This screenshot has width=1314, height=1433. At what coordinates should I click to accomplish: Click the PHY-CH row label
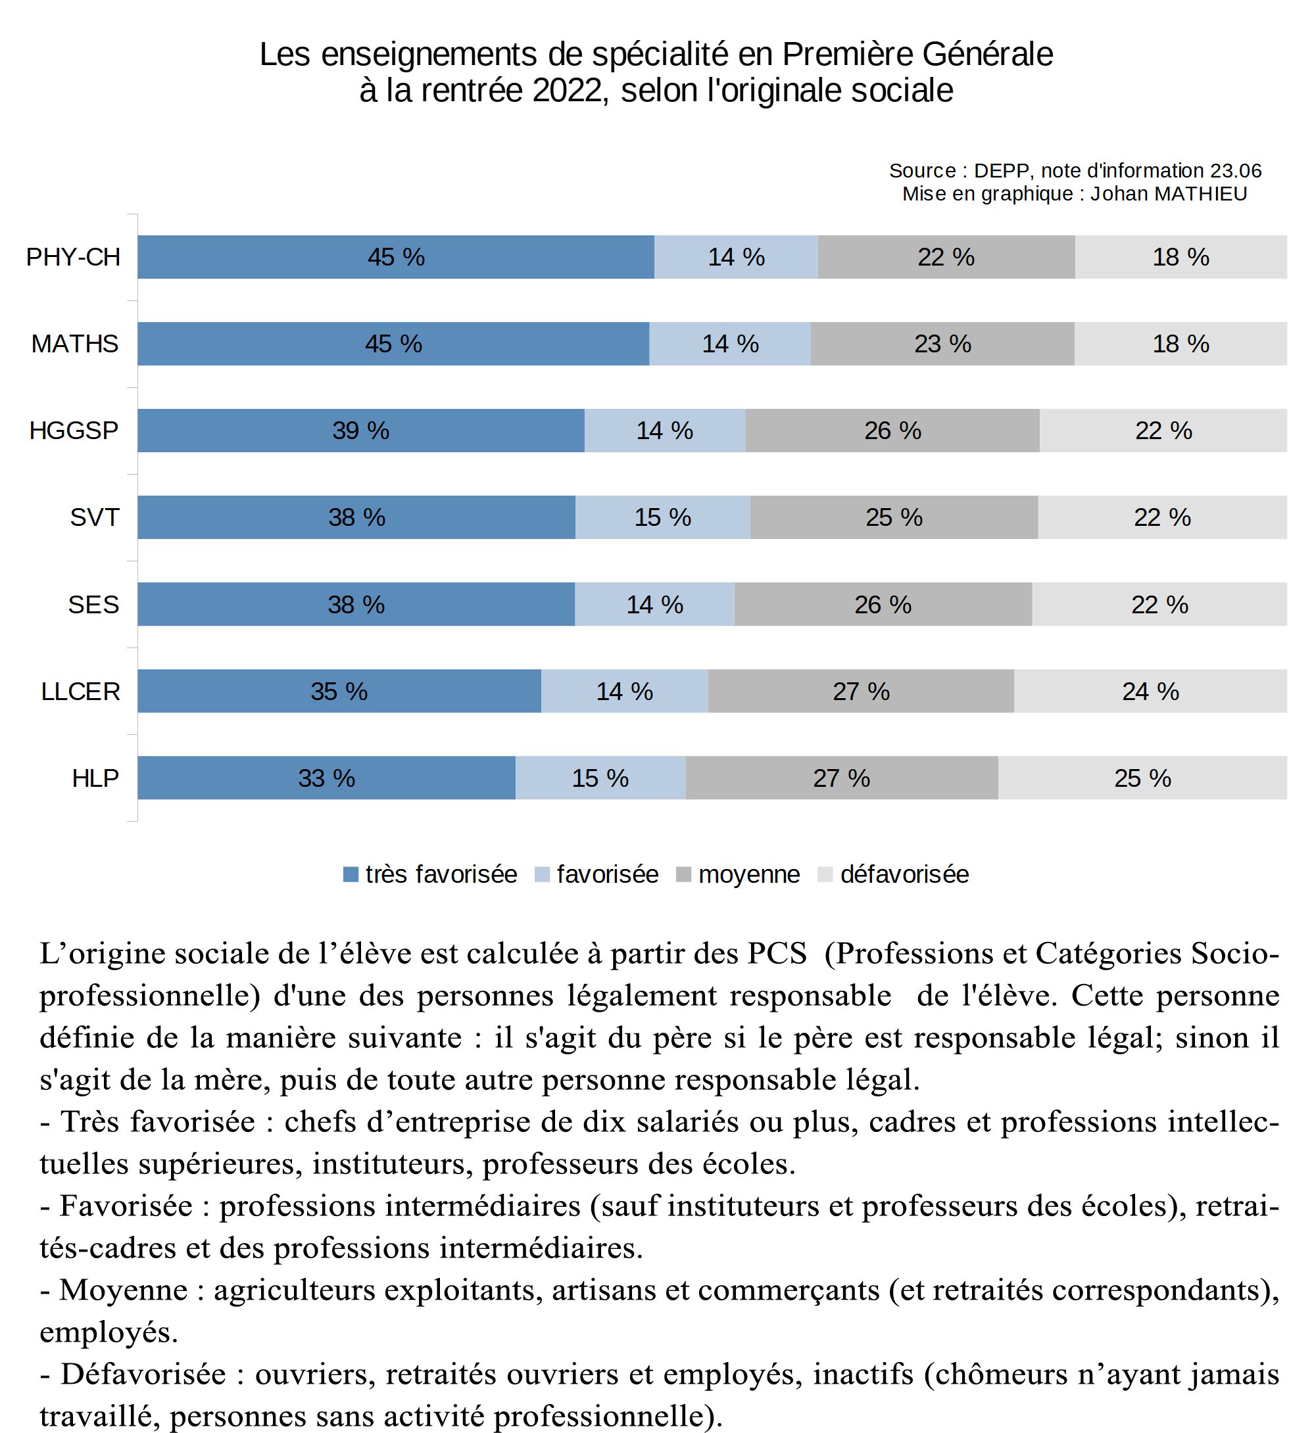click(x=73, y=257)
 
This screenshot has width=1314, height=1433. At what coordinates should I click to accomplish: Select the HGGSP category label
click(x=74, y=431)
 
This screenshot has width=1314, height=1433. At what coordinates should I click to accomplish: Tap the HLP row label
click(x=95, y=778)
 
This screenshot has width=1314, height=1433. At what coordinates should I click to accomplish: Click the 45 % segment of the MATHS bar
click(x=393, y=344)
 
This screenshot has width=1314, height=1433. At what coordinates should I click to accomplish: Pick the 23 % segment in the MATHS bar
click(x=942, y=344)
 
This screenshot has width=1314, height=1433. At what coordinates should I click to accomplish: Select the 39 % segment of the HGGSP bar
click(x=360, y=431)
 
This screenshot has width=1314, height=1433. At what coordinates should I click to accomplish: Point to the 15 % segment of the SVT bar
click(x=662, y=517)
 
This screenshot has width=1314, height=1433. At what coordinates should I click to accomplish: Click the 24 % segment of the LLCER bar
click(x=1150, y=692)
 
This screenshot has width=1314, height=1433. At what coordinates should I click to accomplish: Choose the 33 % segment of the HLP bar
click(x=326, y=778)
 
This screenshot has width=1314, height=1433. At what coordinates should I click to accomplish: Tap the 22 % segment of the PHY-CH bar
click(x=946, y=257)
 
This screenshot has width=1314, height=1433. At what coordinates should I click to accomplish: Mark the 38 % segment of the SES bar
click(x=356, y=605)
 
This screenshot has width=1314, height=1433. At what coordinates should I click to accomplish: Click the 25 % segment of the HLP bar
click(x=1142, y=778)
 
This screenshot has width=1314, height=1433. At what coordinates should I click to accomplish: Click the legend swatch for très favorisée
click(x=351, y=874)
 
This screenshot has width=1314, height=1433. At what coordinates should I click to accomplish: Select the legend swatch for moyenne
click(x=683, y=874)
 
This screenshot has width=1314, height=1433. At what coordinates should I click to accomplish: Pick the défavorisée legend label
click(x=904, y=874)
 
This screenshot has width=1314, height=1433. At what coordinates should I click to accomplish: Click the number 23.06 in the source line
click(x=1236, y=171)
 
